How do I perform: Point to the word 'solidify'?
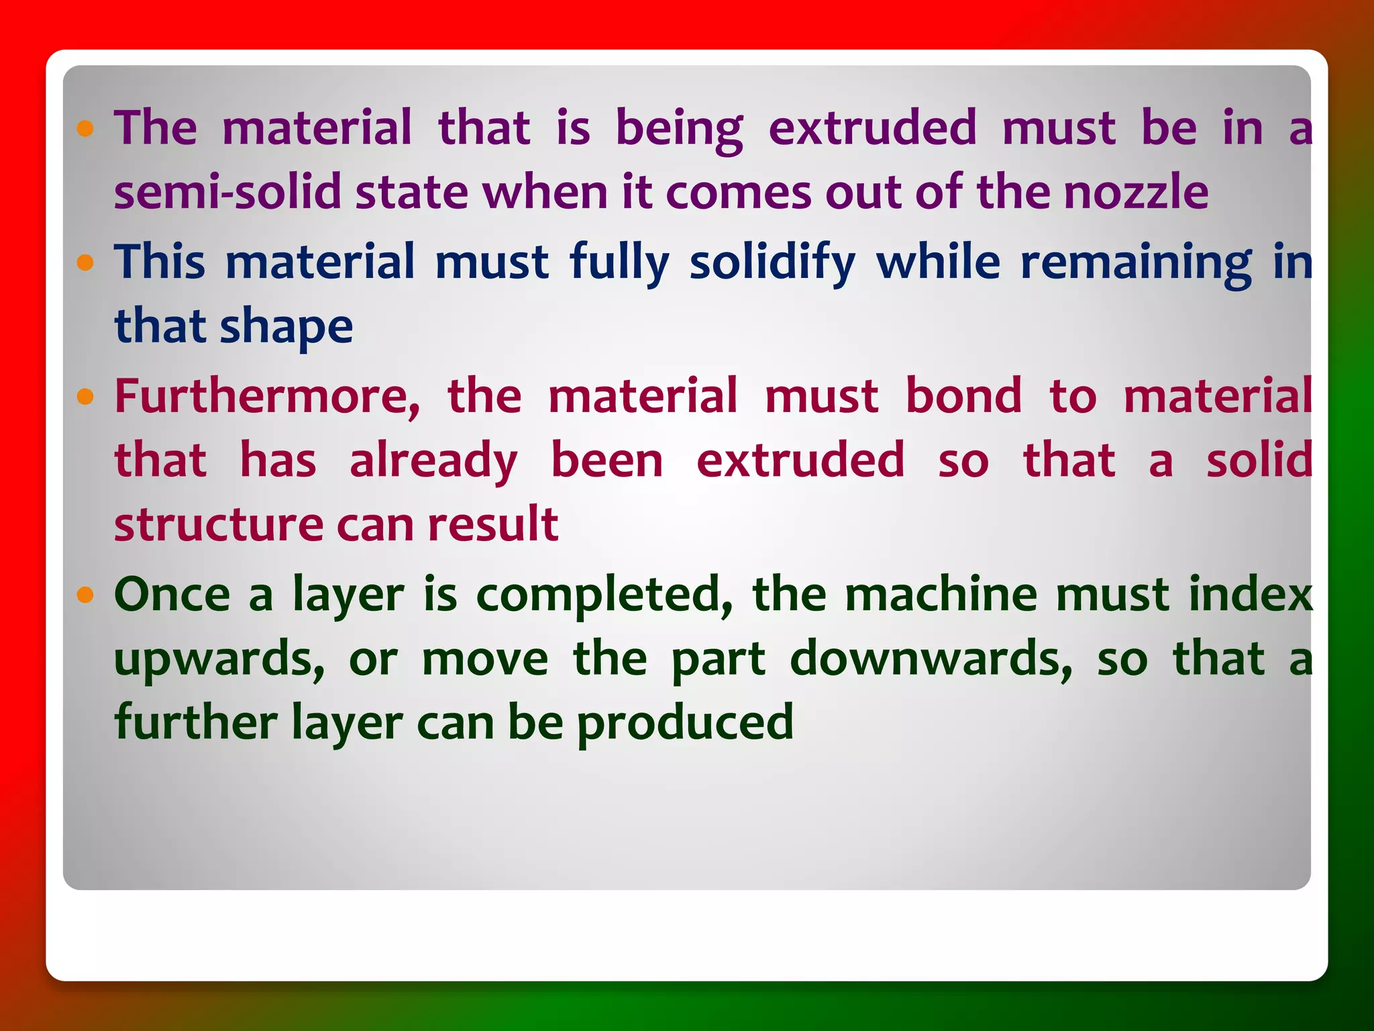pyautogui.click(x=772, y=262)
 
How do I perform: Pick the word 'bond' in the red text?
pyautogui.click(x=964, y=396)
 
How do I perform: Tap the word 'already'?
pyautogui.click(x=433, y=461)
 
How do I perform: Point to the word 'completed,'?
pyautogui.click(x=604, y=595)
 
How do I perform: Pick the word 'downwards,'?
pyautogui.click(x=932, y=660)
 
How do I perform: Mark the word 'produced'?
pyautogui.click(x=685, y=724)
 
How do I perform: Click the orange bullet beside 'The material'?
pyautogui.click(x=85, y=128)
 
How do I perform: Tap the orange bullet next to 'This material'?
pyautogui.click(x=85, y=262)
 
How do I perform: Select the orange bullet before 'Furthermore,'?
pyautogui.click(x=85, y=397)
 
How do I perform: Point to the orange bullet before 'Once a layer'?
pyautogui.click(x=85, y=595)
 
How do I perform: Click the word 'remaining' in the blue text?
pyautogui.click(x=1136, y=262)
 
